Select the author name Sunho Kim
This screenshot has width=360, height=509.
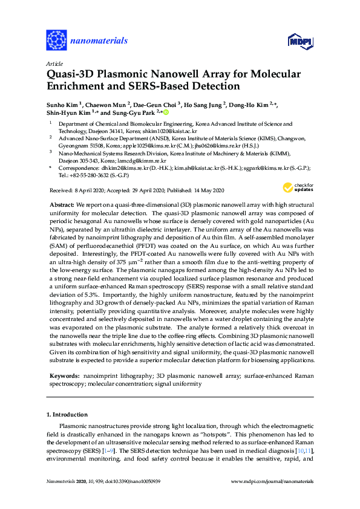[63, 104]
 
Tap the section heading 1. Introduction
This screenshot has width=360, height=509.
[67, 415]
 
